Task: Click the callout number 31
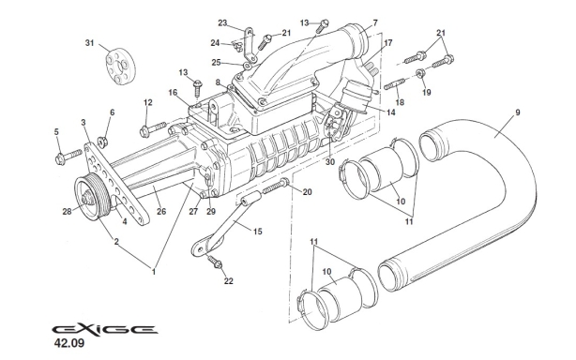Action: click(x=90, y=43)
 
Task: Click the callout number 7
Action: click(x=373, y=22)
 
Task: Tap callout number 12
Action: click(x=147, y=101)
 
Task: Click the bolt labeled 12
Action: click(x=151, y=122)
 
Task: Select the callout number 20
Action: click(x=308, y=191)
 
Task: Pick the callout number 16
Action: click(x=173, y=92)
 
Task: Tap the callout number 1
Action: click(x=153, y=271)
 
